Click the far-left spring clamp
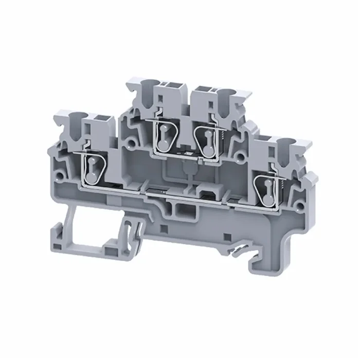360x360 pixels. pos(92,167)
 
